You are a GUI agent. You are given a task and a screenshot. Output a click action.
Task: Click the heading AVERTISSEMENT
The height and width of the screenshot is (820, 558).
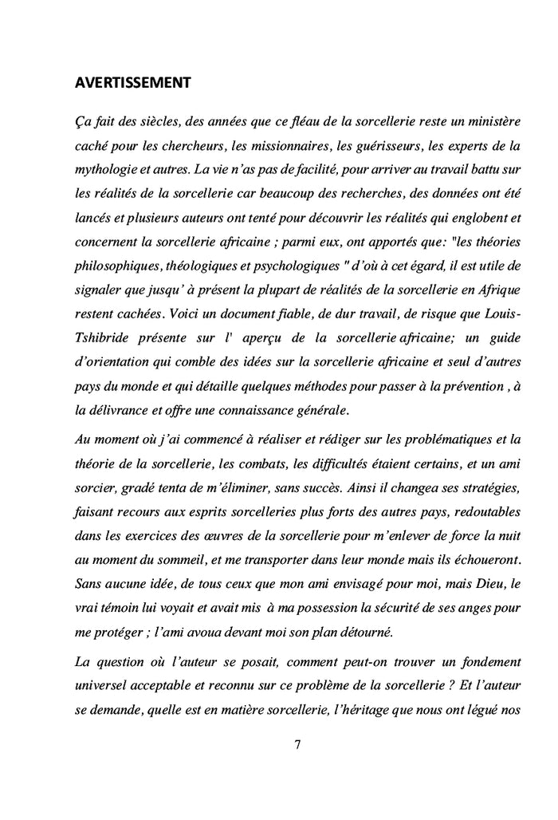[132, 82]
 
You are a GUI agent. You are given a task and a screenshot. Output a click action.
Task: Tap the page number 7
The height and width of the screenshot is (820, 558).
[297, 745]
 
